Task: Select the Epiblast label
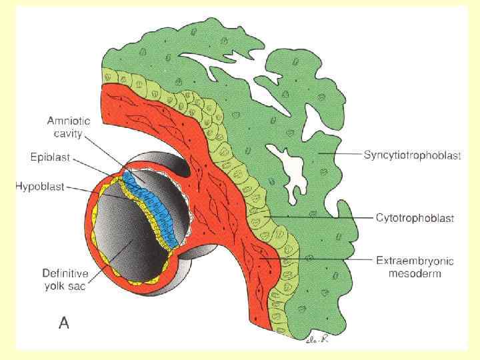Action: tap(50, 160)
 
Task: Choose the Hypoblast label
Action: tap(41, 187)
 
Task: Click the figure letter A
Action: tap(64, 323)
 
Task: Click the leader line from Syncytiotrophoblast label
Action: tap(340, 155)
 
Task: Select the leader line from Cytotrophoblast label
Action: tap(320, 217)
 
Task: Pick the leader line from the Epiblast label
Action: tap(97, 167)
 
